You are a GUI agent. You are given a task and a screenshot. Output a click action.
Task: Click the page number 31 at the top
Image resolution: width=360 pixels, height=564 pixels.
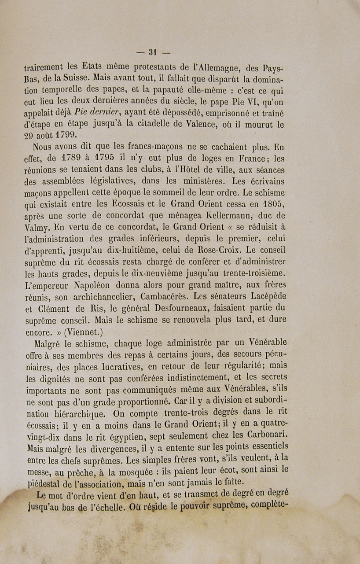click(153, 52)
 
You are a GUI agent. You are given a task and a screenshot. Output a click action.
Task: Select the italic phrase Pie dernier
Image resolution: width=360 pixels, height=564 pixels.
click(98, 113)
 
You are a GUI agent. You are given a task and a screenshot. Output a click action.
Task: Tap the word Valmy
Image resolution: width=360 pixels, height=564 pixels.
click(38, 227)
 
